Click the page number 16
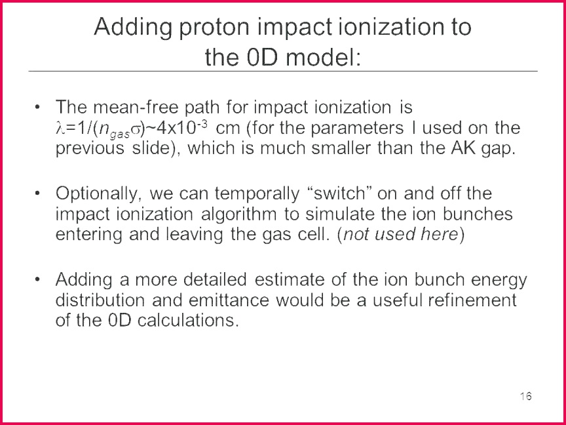[x=526, y=396]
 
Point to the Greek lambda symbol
[x=60, y=129]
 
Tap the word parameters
[x=357, y=129]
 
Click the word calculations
[x=188, y=321]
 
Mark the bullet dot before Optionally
[x=37, y=193]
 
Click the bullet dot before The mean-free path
[x=37, y=107]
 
